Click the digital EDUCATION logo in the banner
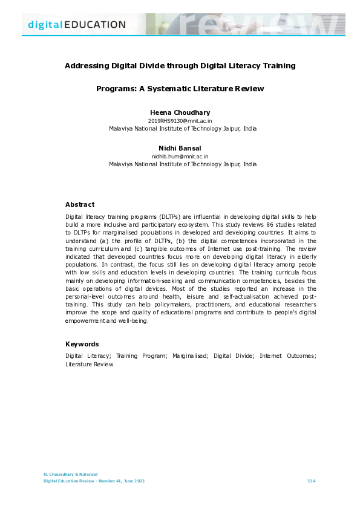tap(77, 25)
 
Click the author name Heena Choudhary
tap(180, 112)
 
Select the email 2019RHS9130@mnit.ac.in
tap(180, 121)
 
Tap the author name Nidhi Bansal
tap(180, 148)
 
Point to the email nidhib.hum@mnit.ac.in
tap(180, 156)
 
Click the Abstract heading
tap(79, 204)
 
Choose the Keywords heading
tap(82, 344)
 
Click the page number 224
tap(312, 481)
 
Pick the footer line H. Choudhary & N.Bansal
tap(71, 474)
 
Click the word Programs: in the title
tap(116, 89)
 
